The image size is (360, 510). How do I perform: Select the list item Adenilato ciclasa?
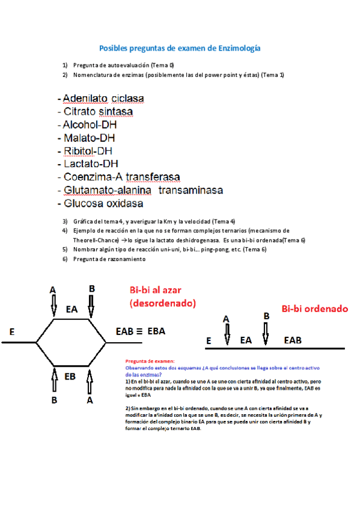103,98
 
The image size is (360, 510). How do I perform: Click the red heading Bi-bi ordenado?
315,309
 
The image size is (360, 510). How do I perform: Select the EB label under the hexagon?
70,377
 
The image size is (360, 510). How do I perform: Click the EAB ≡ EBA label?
140,331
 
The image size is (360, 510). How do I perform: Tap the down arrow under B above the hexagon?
91,306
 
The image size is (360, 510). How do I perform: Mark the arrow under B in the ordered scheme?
265,334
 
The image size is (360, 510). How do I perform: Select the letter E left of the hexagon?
12,331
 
